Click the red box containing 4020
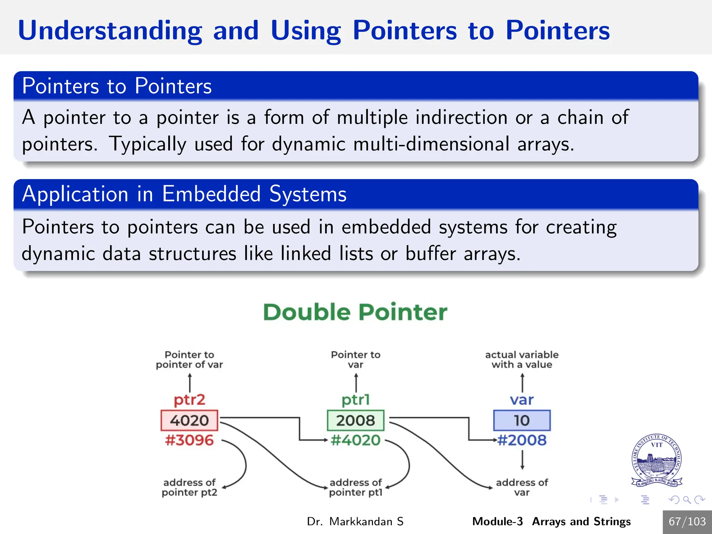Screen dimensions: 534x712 tap(189, 420)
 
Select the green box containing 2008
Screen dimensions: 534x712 tap(356, 420)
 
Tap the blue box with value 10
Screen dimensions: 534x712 tap(522, 420)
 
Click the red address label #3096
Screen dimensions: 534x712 tap(189, 440)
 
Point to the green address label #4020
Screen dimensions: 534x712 tap(356, 440)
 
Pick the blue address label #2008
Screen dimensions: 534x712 tap(522, 440)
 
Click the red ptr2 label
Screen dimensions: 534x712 tap(189, 400)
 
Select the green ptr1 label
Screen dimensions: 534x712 tap(356, 400)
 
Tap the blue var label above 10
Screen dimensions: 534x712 tap(522, 400)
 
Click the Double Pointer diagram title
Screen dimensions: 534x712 tap(355, 312)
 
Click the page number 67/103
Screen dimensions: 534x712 tap(687, 521)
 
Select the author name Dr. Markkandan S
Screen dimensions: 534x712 tap(355, 521)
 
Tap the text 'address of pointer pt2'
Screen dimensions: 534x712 tap(189, 487)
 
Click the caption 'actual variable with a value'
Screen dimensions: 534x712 tap(522, 359)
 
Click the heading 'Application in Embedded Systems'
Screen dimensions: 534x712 tap(184, 194)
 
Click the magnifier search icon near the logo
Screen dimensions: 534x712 tap(687, 500)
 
